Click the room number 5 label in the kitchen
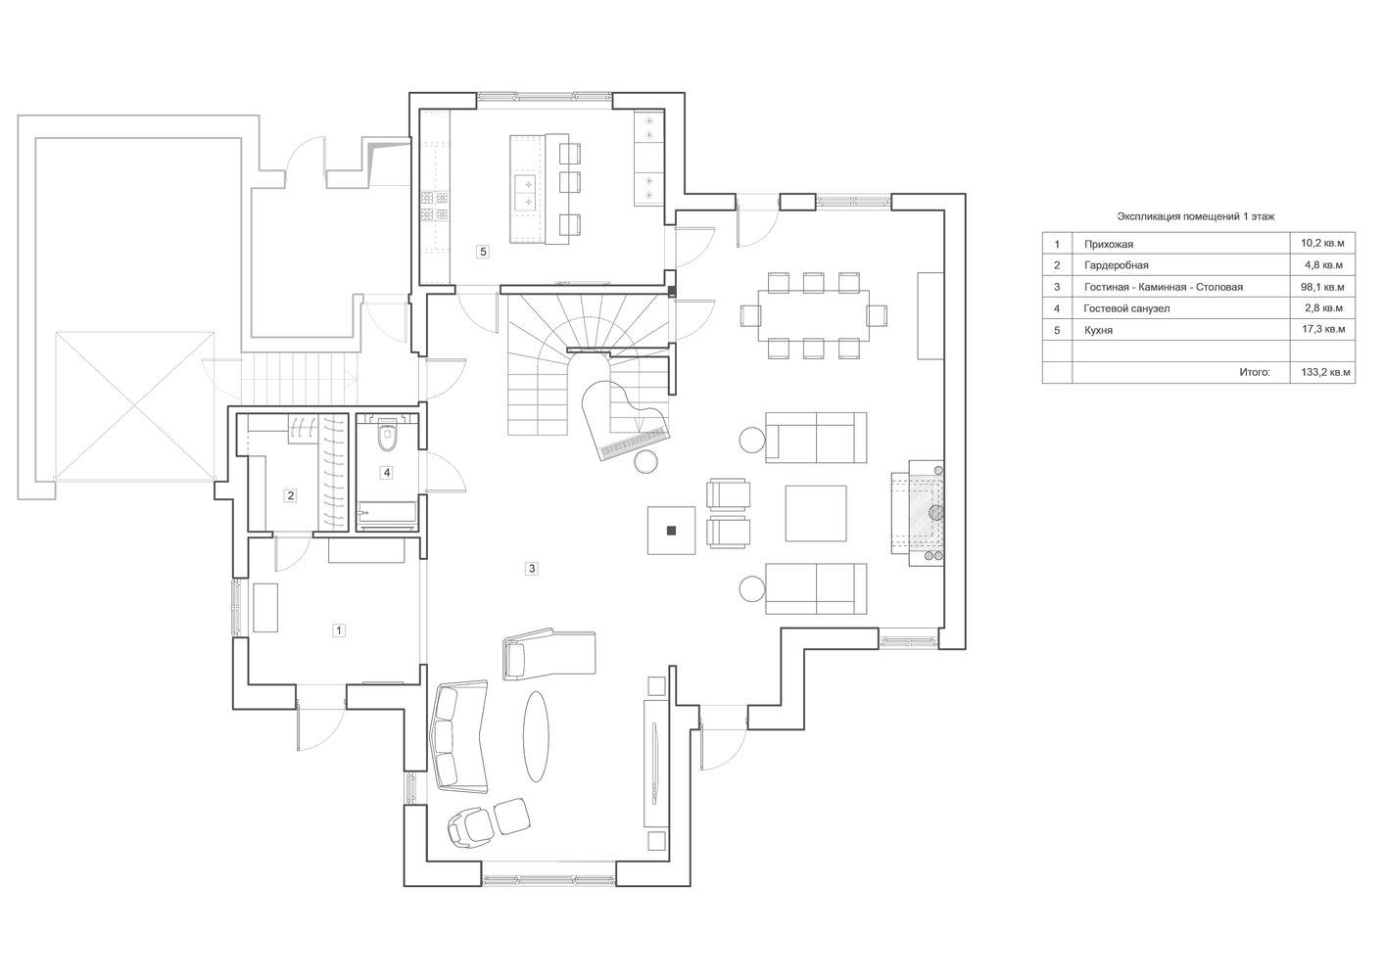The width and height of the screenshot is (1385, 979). [x=483, y=252]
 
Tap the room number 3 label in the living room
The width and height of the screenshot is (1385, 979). [x=532, y=568]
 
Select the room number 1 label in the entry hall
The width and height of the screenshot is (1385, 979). [x=338, y=630]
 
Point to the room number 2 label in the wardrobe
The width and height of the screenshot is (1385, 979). [x=290, y=495]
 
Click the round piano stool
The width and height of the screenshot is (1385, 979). [x=646, y=462]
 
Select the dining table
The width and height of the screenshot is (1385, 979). [x=814, y=315]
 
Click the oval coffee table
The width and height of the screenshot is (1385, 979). [x=536, y=737]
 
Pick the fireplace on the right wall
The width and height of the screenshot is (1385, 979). [x=917, y=513]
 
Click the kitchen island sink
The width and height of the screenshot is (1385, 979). [x=525, y=192]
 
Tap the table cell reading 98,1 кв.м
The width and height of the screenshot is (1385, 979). [x=1322, y=287]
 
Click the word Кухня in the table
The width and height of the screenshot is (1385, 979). [x=1098, y=330]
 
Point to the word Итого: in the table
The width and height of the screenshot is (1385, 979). [x=1255, y=373]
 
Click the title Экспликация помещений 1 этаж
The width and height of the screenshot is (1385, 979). [x=1196, y=217]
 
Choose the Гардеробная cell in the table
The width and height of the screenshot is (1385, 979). [x=1116, y=265]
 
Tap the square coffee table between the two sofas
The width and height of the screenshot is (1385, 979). [x=816, y=513]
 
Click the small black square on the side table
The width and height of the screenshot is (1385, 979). [x=672, y=531]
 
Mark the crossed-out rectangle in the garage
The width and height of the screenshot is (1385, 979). [x=134, y=405]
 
